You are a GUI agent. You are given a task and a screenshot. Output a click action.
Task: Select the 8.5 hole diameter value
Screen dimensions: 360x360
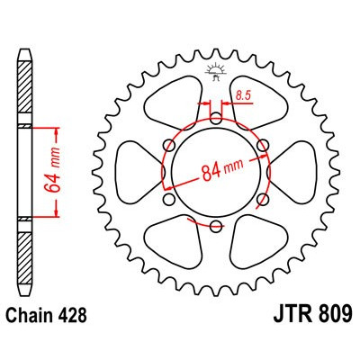coord(241,94)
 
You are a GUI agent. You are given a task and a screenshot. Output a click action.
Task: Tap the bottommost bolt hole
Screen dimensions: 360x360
coord(216,223)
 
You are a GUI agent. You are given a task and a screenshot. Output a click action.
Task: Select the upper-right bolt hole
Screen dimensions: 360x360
coord(262,144)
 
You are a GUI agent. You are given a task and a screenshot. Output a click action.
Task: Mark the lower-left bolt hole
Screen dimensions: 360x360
coord(170,197)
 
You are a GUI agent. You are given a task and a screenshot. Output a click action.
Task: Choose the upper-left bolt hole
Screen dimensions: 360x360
coord(170,144)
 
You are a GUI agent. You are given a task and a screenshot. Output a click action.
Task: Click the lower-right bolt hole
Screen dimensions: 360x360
coord(262,197)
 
